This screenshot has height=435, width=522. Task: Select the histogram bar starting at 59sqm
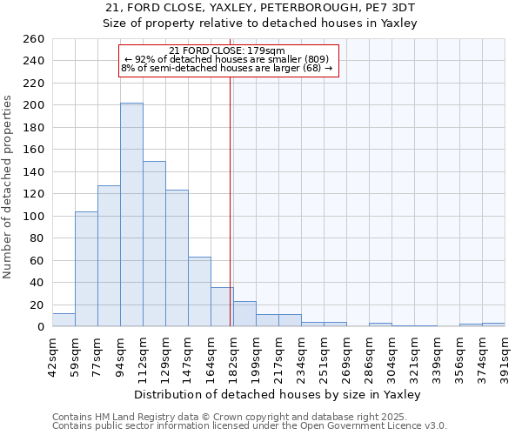click(86, 269)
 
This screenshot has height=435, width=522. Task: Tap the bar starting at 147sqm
click(199, 291)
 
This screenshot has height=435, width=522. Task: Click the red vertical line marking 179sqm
click(230, 200)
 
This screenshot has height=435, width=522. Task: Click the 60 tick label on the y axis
click(37, 260)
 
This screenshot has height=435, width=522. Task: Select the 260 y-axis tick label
click(34, 39)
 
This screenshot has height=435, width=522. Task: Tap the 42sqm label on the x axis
click(53, 353)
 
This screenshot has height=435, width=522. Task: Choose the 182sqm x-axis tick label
click(234, 353)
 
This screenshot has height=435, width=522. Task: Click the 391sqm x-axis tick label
click(505, 353)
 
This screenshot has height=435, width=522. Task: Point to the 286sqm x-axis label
click(370, 353)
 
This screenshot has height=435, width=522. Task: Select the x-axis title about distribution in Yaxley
click(278, 394)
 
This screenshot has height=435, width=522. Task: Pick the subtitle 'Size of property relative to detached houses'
click(261, 23)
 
